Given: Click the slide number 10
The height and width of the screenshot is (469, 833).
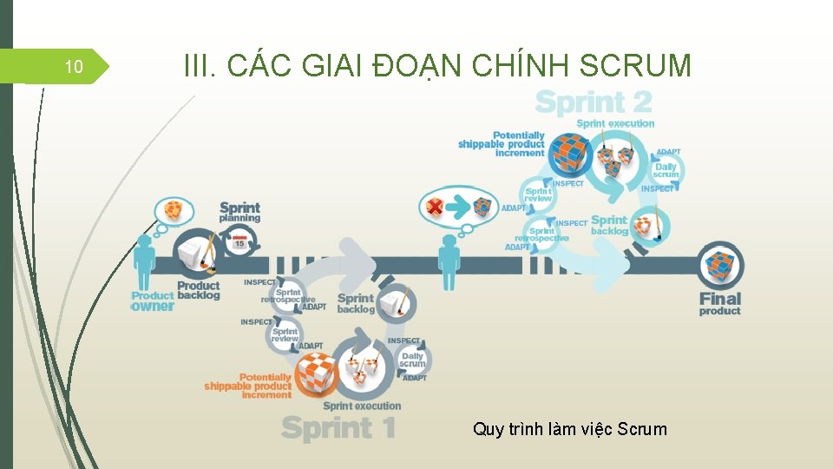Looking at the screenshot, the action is click(74, 67).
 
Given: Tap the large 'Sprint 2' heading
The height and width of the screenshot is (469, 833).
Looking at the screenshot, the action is click(594, 102).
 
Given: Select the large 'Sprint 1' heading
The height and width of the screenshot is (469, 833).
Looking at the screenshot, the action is click(339, 427).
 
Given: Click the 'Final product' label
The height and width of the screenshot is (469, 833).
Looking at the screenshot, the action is click(720, 304).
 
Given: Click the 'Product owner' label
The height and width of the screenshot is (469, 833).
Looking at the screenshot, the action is click(153, 301).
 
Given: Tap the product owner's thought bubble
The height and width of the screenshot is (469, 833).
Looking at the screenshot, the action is click(174, 210).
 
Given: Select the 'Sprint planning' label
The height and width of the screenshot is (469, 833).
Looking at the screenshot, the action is click(239, 213).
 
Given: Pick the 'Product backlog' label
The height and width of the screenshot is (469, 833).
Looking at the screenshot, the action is click(199, 290).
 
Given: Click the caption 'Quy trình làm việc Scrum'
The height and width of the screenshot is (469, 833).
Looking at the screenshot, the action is click(570, 428).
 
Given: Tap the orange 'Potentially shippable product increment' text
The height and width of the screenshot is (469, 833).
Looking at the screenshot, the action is click(248, 386).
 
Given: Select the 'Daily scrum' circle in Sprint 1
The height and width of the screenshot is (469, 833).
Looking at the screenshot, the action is click(413, 360).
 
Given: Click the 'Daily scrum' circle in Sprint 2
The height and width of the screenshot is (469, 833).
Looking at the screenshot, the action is click(666, 170).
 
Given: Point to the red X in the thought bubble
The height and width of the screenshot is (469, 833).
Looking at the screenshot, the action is click(436, 208).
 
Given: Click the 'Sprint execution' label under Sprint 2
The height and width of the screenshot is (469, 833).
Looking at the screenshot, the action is click(616, 123).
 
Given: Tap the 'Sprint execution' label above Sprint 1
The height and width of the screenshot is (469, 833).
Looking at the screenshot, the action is click(362, 406).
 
